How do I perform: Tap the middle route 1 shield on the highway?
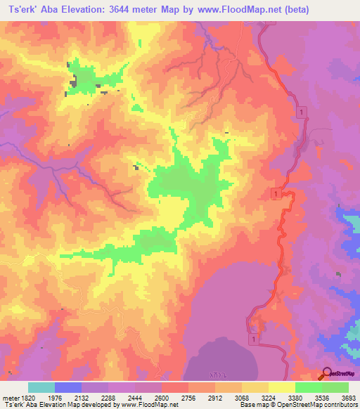pos(276,193)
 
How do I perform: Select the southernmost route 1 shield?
pos(252,339)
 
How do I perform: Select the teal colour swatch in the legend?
pos(41,387)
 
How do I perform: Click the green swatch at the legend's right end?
pos(335,387)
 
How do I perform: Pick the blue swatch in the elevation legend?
pos(68,387)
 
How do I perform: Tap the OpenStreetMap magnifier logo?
pos(326,373)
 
